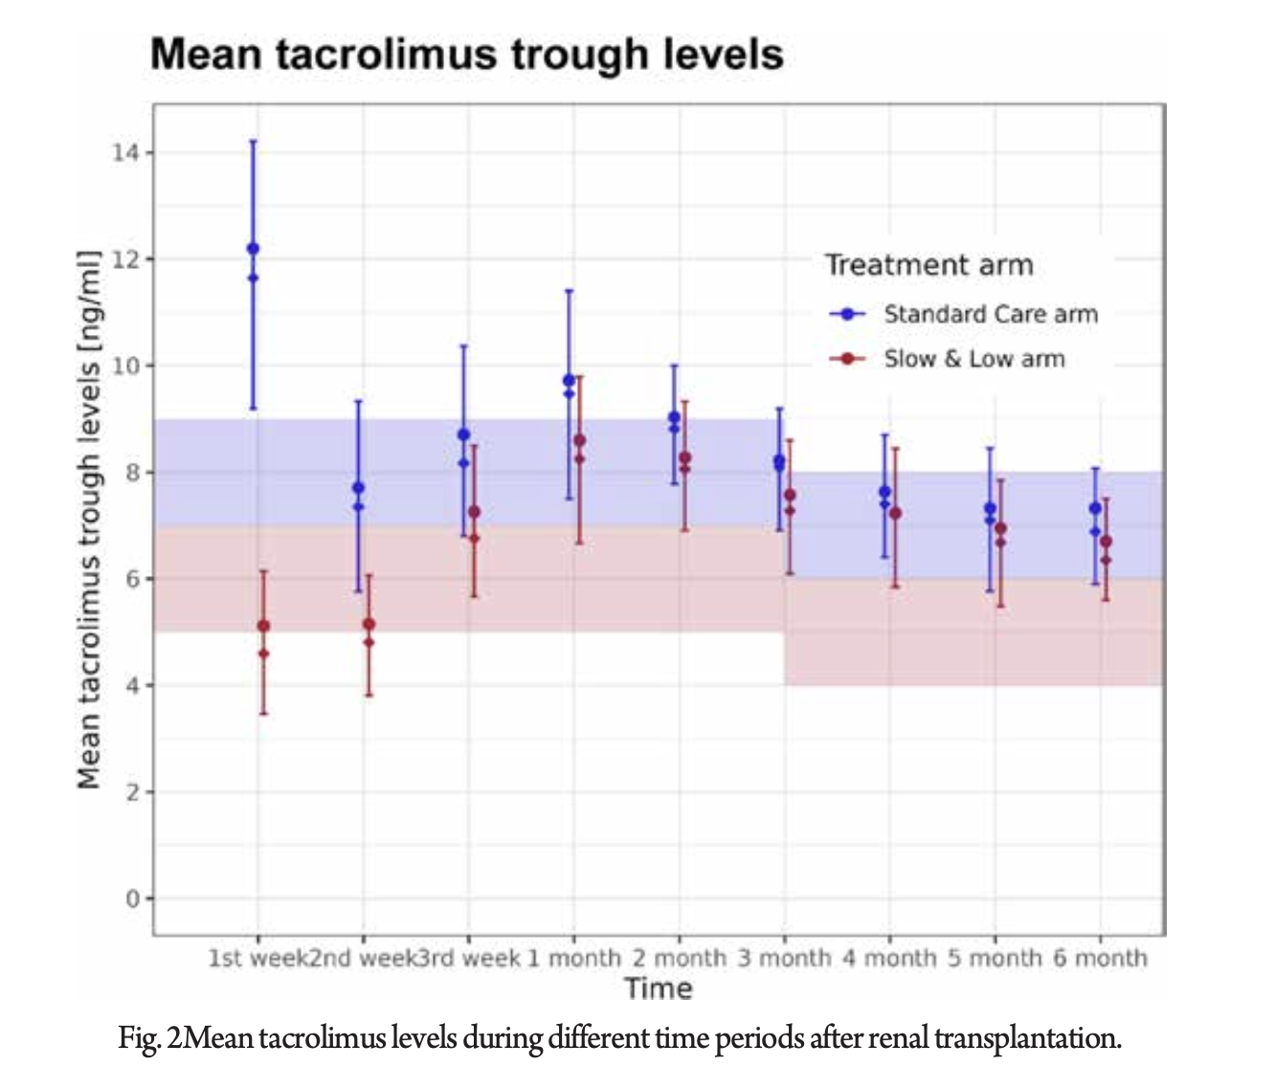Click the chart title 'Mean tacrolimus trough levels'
point(467,55)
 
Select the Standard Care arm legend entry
point(990,314)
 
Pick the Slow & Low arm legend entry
point(973,359)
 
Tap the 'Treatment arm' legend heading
point(928,265)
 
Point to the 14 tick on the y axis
point(125,153)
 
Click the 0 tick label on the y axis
point(132,899)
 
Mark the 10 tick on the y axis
point(125,367)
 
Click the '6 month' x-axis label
point(1100,958)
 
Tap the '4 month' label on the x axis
point(889,958)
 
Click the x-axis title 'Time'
point(658,989)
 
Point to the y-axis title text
point(89,520)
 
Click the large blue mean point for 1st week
point(253,249)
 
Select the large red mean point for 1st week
point(263,626)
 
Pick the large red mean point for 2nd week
point(369,624)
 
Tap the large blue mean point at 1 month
point(569,380)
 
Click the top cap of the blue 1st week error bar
point(253,141)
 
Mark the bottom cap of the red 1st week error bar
point(263,713)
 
